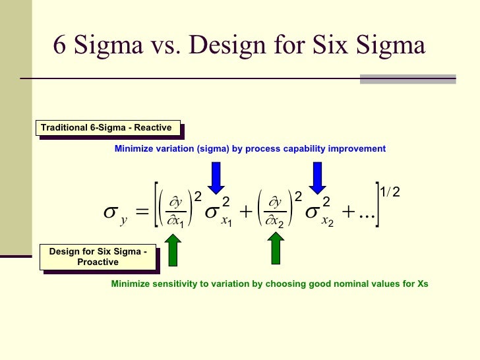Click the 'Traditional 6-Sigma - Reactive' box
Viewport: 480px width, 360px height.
[106, 128]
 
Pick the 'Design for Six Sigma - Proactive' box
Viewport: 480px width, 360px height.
[98, 257]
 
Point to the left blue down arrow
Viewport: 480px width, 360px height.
[217, 177]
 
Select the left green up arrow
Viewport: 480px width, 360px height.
[173, 249]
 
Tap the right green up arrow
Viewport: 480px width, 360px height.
[276, 249]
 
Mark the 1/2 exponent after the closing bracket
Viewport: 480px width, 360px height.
[390, 192]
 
